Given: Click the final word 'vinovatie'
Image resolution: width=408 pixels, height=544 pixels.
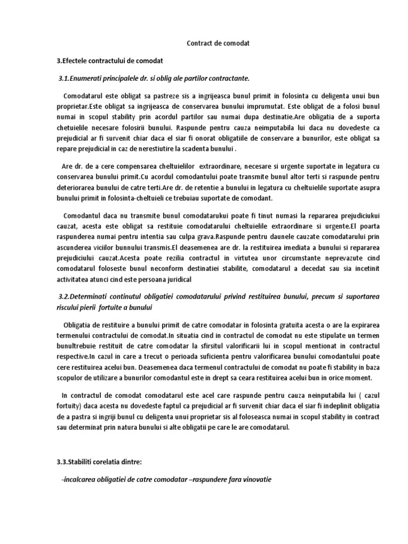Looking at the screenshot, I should (x=250, y=479).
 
